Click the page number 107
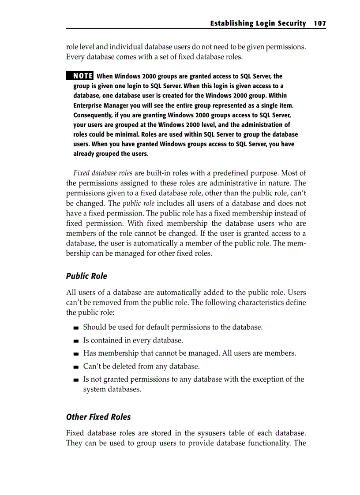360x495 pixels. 319,23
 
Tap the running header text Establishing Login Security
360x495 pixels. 258,23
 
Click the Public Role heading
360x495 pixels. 86,276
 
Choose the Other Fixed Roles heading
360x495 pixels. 98,417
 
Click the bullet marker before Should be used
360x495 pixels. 77,328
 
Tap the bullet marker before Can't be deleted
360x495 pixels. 77,367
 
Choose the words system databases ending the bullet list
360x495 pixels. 112,389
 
